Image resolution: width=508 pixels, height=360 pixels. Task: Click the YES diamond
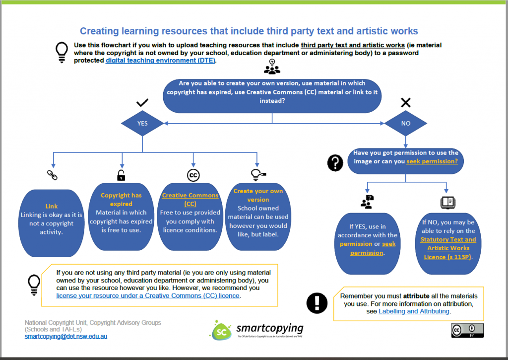(x=142, y=123)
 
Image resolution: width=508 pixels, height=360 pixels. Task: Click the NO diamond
(x=406, y=123)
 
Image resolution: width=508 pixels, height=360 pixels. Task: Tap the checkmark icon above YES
(x=142, y=103)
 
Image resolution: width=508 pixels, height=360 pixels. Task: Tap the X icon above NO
(x=405, y=103)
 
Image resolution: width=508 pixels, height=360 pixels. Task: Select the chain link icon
(x=52, y=174)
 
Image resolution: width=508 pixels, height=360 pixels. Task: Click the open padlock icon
(x=121, y=175)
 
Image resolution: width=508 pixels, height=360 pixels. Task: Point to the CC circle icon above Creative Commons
(x=193, y=175)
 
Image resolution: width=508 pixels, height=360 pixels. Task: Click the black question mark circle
(x=335, y=162)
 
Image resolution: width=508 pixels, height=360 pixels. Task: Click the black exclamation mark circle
(x=317, y=302)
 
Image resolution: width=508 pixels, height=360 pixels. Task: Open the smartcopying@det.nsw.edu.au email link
(x=66, y=336)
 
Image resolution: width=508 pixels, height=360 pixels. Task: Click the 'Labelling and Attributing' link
(x=414, y=311)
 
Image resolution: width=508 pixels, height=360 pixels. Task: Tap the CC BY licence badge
(x=467, y=330)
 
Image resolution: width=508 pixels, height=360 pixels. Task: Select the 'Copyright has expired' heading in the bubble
(x=121, y=199)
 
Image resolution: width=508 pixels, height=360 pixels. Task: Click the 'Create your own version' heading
(x=258, y=195)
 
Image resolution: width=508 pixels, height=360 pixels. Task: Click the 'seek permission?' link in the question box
(x=435, y=161)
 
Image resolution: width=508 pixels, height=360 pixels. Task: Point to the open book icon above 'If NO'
(x=447, y=202)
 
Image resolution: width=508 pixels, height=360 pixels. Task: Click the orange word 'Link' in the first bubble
(x=52, y=206)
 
